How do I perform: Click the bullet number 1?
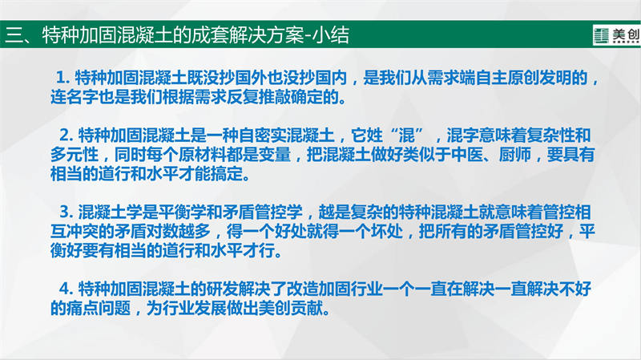click(62, 78)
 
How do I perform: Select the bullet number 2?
click(66, 135)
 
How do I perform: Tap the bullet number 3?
click(66, 212)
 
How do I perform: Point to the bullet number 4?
click(66, 289)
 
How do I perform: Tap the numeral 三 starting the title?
click(14, 35)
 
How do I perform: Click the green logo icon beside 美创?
click(602, 35)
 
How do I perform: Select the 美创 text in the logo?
click(626, 34)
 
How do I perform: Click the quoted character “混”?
click(406, 135)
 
